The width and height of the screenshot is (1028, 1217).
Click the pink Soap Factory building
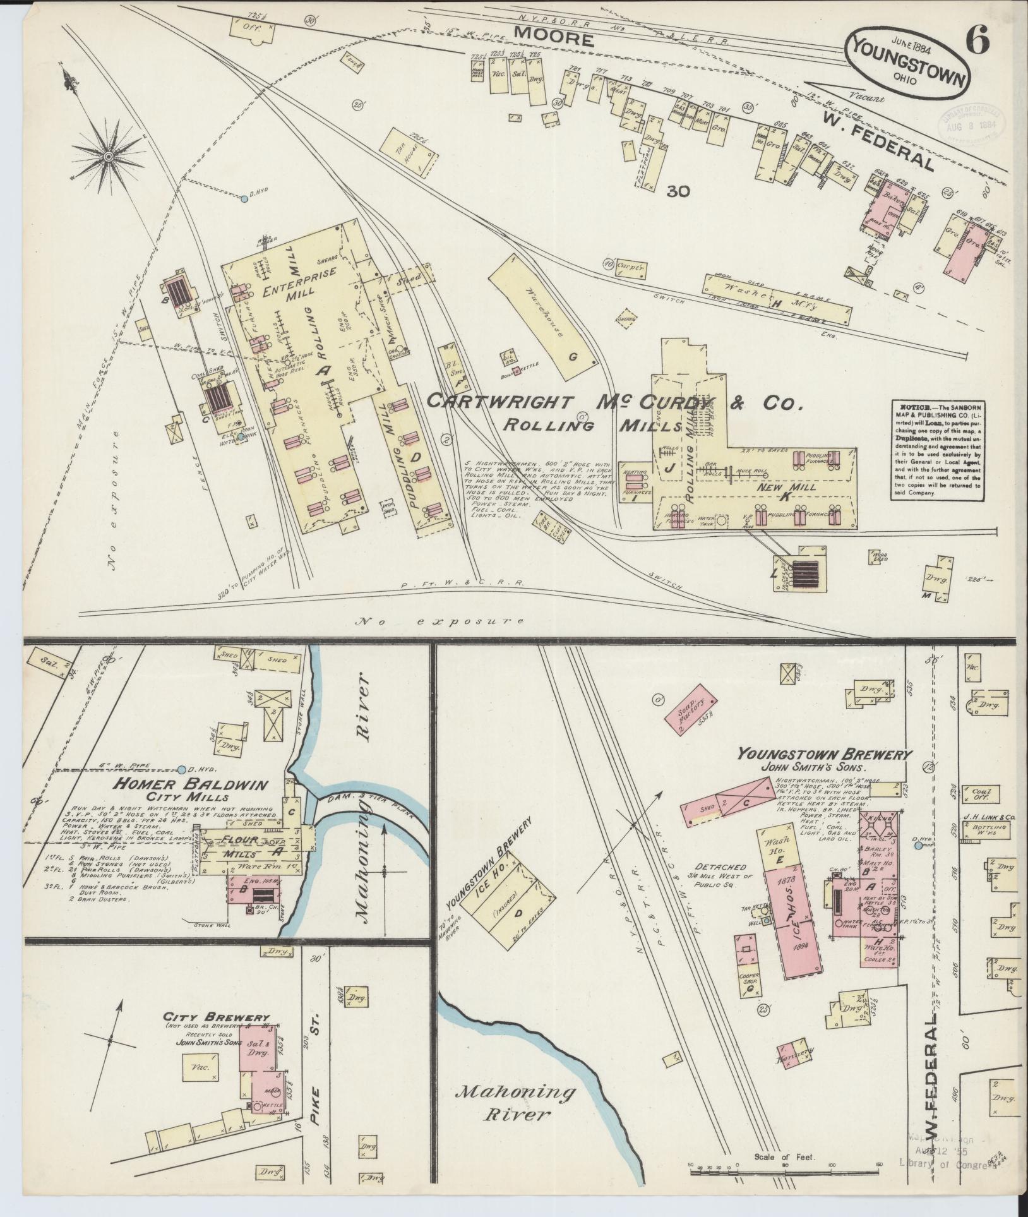(690, 712)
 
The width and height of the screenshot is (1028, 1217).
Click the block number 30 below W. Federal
(681, 191)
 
